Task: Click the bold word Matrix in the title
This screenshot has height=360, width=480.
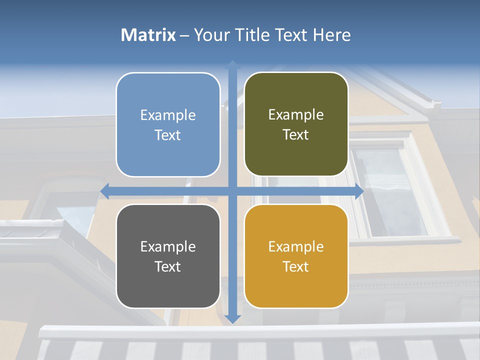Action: coord(148,35)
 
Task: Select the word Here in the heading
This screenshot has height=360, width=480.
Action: coord(332,35)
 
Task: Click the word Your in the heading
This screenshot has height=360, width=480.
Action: coord(211,35)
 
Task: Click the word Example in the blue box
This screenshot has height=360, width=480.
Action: coord(168,115)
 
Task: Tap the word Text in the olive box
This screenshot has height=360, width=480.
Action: coord(296,135)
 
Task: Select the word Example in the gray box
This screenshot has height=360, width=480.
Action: coord(168,246)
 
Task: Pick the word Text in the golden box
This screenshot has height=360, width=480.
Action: coord(296,266)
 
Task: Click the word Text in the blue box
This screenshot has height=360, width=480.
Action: coord(168,135)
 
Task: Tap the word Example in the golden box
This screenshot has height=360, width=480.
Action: coord(296,246)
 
